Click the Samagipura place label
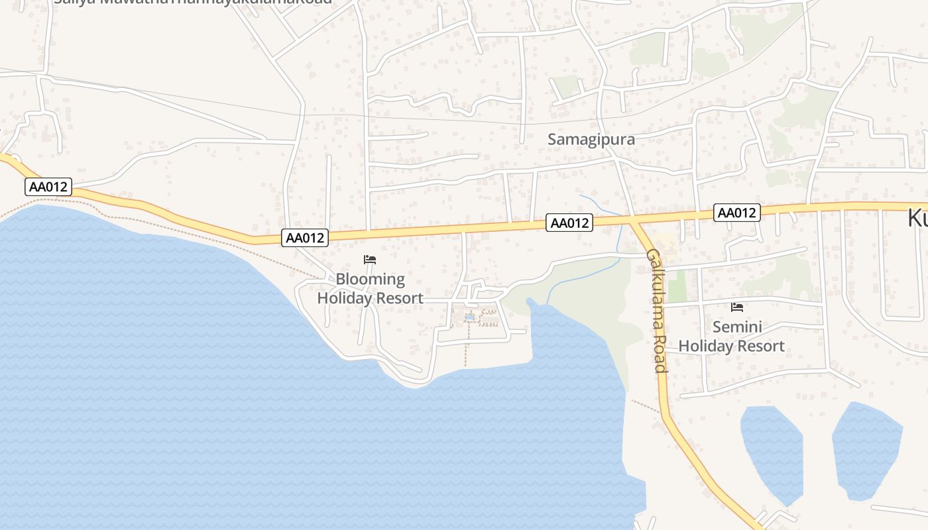coord(591,140)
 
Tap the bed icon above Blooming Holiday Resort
coord(370,260)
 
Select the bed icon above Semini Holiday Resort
coord(736,307)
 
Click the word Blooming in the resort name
coord(370,279)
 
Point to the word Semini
coord(736,327)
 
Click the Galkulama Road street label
coord(656,310)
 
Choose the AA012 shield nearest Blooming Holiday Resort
coord(305,238)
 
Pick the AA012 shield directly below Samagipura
coord(569,223)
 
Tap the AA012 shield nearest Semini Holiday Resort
coord(736,213)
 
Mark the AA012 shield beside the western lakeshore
coord(48,187)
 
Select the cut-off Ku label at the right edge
coord(917,219)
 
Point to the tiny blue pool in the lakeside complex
coord(469,318)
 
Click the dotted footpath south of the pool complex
coord(466,348)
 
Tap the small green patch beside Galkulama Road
coord(675,286)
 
